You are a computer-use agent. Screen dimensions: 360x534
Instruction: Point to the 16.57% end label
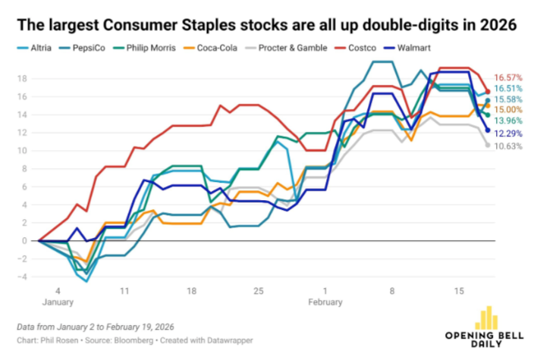[x=510, y=77]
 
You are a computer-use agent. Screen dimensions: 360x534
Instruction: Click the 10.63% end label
[x=510, y=146]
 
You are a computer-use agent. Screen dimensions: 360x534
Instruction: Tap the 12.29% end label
[x=510, y=133]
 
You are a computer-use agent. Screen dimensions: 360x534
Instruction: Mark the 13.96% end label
[x=510, y=121]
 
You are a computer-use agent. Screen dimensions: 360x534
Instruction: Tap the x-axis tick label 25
[x=258, y=290]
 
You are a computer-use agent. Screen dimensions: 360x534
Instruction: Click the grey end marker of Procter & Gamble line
[x=488, y=145]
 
